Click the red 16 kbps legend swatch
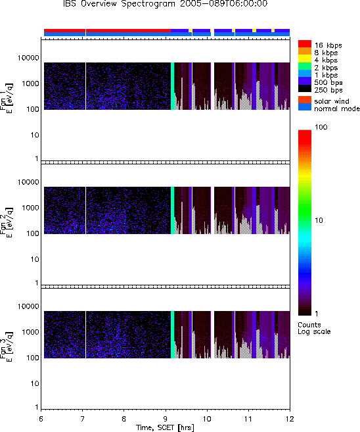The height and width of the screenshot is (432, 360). point(305,44)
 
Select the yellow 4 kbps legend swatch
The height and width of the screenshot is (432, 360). point(305,59)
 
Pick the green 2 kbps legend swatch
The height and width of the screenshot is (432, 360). point(305,66)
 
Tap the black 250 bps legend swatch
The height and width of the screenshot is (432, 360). point(305,89)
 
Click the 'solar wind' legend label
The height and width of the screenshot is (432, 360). point(332,101)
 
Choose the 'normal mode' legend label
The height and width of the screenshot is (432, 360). point(337,108)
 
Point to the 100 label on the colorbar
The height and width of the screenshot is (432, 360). point(321,127)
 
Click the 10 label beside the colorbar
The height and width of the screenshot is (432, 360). point(319,220)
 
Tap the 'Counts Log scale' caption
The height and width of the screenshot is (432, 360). point(314,328)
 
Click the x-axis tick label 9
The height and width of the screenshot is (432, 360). point(166,419)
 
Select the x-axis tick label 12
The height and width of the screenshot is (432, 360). point(290,419)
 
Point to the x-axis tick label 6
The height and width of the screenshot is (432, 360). point(41,419)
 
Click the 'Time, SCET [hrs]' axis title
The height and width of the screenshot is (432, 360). point(165,427)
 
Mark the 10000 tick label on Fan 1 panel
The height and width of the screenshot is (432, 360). point(28,58)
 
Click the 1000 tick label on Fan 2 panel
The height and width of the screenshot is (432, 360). point(30,208)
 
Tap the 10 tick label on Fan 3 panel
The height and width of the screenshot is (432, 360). point(35,383)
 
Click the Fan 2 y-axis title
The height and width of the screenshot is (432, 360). point(6,222)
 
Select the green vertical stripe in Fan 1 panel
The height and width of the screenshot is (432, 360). point(173,86)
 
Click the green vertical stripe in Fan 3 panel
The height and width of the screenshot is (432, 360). point(173,335)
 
